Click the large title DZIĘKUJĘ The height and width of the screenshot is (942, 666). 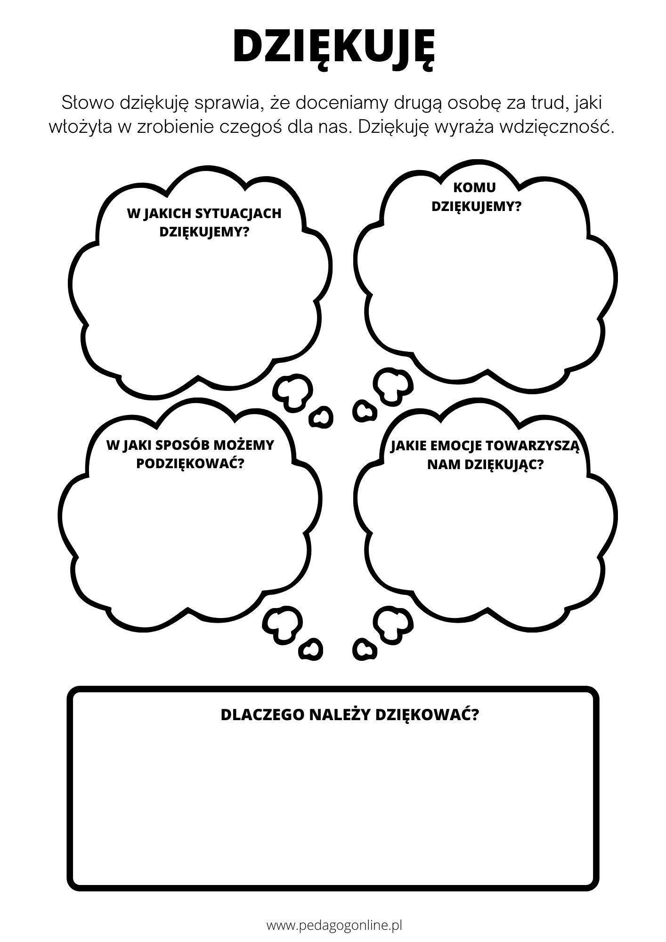click(x=333, y=47)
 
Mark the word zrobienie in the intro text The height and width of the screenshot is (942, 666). click(x=174, y=128)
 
